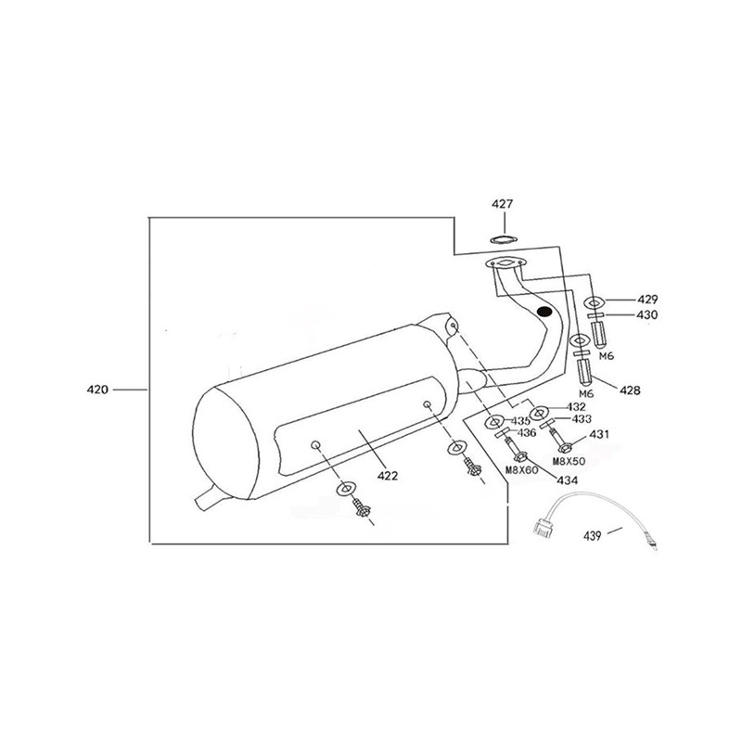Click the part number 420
pos(97,390)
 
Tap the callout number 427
pos(502,204)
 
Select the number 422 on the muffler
pos(388,476)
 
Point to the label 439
pos(592,536)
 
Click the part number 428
pos(631,390)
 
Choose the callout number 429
pos(647,299)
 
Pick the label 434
pos(567,480)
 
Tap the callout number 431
pos(599,434)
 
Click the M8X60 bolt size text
pos(522,470)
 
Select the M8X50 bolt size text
pos(569,461)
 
